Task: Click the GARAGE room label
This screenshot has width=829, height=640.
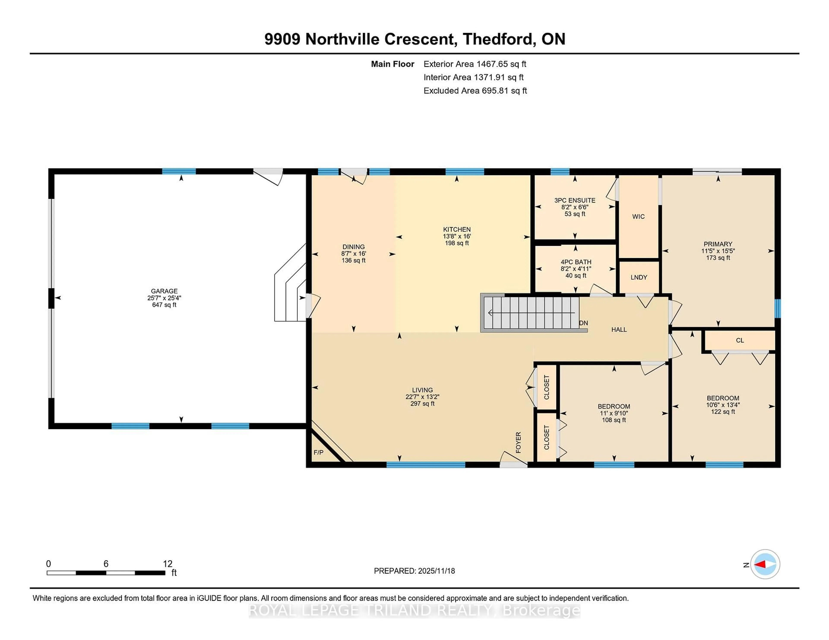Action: (x=164, y=291)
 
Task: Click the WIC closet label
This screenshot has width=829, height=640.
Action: (x=638, y=216)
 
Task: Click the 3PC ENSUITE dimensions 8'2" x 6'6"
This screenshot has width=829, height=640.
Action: (x=575, y=207)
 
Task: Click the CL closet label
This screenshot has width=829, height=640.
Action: (x=740, y=340)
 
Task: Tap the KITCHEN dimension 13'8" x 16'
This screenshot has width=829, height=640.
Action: (x=457, y=236)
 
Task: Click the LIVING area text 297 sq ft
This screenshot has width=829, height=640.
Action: (x=422, y=403)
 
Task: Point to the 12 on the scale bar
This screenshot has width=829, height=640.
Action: (x=167, y=564)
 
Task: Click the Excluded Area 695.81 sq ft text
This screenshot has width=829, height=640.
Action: (x=475, y=91)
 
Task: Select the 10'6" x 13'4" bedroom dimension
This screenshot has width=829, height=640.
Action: (x=723, y=405)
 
